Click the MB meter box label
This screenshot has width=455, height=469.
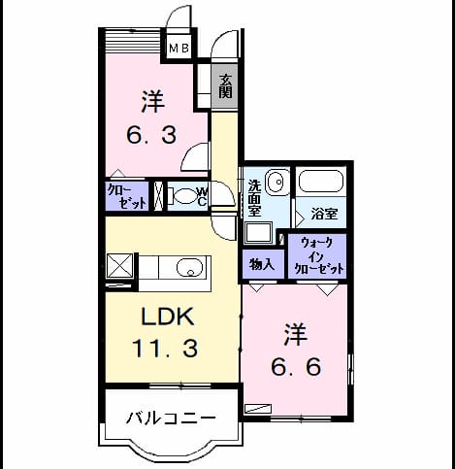click(179, 49)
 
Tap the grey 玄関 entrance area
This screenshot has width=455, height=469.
click(225, 86)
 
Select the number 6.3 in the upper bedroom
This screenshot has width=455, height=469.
click(151, 135)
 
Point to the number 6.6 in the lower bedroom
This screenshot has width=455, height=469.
click(296, 367)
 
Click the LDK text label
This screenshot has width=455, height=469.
click(168, 316)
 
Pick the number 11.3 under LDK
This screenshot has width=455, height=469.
click(165, 349)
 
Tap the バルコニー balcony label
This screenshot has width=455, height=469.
click(171, 419)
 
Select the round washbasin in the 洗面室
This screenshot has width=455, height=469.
click(277, 182)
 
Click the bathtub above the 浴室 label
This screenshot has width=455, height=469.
click(321, 182)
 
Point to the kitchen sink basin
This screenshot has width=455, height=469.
click(190, 267)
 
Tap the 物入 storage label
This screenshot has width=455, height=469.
click(262, 265)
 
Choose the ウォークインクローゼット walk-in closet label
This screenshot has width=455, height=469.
click(317, 255)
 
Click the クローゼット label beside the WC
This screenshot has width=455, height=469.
click(127, 196)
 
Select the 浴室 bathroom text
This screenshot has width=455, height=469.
click(324, 214)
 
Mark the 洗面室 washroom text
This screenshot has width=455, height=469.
click(254, 198)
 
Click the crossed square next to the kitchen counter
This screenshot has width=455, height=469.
click(119, 266)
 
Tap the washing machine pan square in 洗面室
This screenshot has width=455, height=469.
click(258, 233)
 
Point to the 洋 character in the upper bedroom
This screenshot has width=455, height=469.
click(153, 101)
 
